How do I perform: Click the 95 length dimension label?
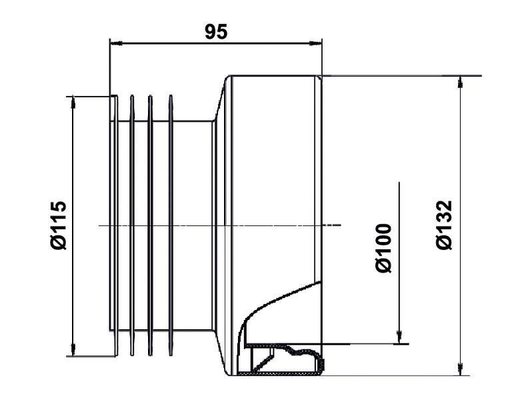216,32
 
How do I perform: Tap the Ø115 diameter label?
58,225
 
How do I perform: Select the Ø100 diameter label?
384,248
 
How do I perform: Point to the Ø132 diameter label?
444,225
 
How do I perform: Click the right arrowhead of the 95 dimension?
315,43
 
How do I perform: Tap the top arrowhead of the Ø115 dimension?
73,103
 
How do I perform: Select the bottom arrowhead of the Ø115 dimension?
73,350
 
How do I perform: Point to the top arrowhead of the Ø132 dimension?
460,82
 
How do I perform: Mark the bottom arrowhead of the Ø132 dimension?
460,369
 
